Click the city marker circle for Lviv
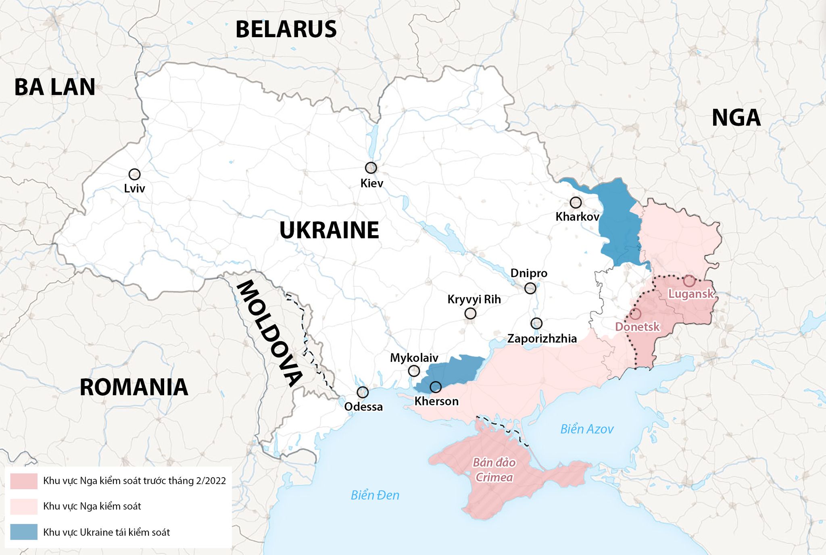(134, 174)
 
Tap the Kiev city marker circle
(371, 167)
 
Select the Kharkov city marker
(576, 202)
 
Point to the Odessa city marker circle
(363, 392)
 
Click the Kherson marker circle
(436, 387)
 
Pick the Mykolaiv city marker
(414, 371)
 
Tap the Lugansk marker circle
(689, 281)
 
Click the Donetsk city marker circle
(635, 313)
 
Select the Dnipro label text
(529, 273)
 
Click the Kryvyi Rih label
(474, 299)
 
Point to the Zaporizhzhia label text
(542, 338)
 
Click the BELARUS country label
(286, 29)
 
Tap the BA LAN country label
(55, 87)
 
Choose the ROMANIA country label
(134, 387)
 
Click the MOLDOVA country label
(269, 333)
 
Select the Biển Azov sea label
(587, 429)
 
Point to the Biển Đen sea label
(375, 495)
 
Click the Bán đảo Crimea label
(494, 470)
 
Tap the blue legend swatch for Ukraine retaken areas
(24, 532)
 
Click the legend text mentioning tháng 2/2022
(134, 481)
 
